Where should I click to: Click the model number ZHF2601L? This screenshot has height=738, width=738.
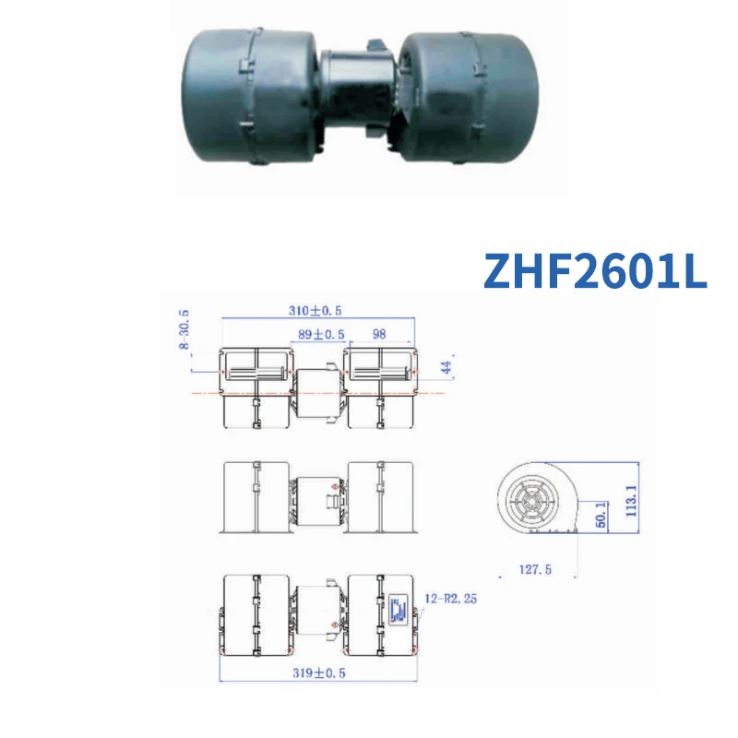pyautogui.click(x=595, y=269)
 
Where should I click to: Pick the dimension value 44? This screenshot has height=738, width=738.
pyautogui.click(x=446, y=369)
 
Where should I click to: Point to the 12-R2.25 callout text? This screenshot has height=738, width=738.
pyautogui.click(x=451, y=600)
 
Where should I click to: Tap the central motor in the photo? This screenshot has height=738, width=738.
pyautogui.click(x=355, y=92)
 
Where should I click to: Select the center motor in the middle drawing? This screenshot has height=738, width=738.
pyautogui.click(x=318, y=503)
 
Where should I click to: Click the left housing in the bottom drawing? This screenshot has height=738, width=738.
pyautogui.click(x=256, y=613)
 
